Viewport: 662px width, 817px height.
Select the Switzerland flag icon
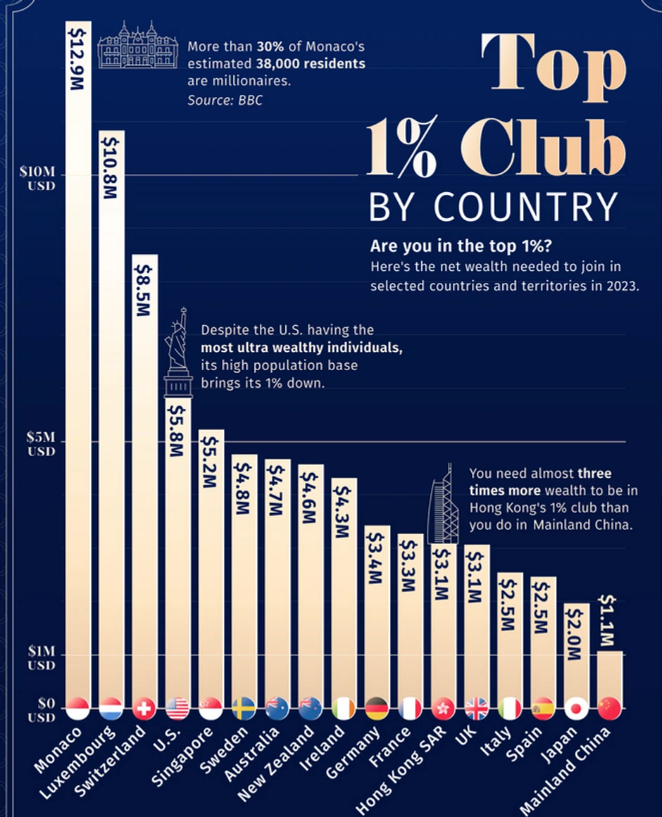pos(144,708)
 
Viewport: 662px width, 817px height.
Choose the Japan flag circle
pos(576,708)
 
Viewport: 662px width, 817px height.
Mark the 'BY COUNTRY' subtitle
pos(493,207)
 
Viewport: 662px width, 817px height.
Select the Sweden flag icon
pos(244,708)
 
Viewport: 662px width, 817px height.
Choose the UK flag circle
pos(477,708)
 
